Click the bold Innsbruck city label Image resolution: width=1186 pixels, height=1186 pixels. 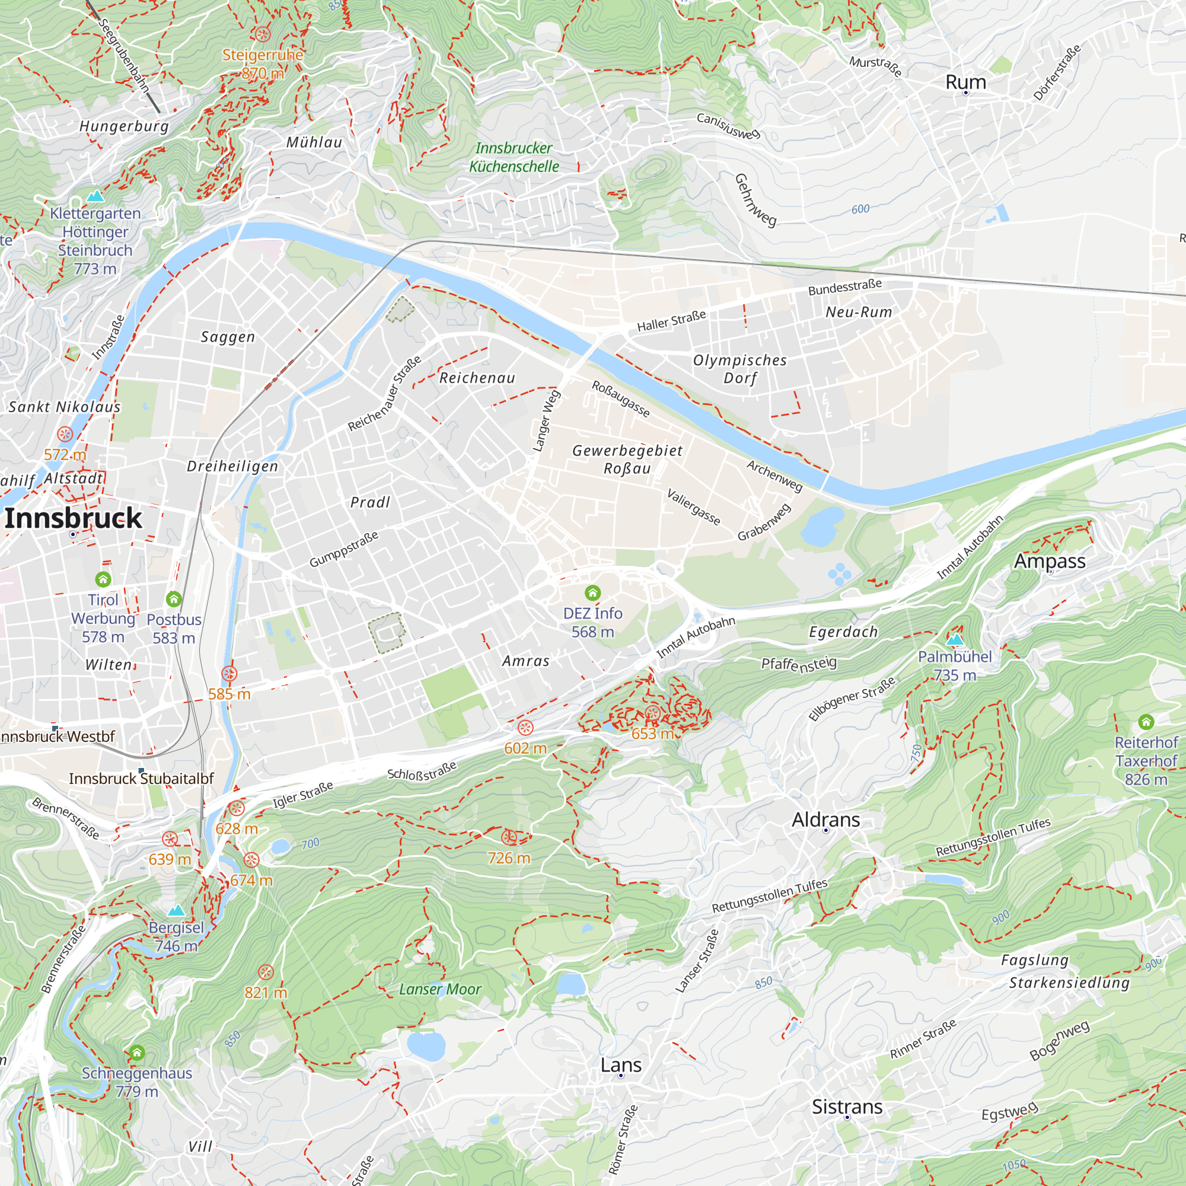73,518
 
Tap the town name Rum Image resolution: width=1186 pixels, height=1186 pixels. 965,82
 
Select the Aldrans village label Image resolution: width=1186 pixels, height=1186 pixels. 825,820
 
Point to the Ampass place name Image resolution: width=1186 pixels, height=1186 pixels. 1049,560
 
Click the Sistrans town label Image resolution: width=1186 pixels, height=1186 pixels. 847,1106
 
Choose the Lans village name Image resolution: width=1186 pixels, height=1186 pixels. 621,1064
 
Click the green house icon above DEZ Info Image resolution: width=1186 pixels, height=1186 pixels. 592,592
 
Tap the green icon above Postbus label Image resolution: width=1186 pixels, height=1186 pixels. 174,598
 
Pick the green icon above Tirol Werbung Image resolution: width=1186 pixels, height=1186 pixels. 103,579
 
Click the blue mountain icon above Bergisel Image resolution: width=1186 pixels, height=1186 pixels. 176,910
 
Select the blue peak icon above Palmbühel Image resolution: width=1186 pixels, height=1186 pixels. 955,640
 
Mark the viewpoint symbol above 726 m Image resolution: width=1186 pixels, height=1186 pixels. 508,837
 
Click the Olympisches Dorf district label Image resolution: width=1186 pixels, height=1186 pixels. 739,369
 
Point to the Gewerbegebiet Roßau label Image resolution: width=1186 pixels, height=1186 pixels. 627,459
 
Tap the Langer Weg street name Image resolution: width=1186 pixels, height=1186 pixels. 546,421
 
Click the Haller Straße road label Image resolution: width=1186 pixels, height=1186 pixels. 671,321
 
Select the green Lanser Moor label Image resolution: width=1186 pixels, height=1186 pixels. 439,989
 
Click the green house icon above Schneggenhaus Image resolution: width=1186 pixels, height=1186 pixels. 137,1053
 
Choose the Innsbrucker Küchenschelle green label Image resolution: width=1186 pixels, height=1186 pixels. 514,157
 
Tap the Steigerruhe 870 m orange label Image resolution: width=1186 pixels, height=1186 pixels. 263,64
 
